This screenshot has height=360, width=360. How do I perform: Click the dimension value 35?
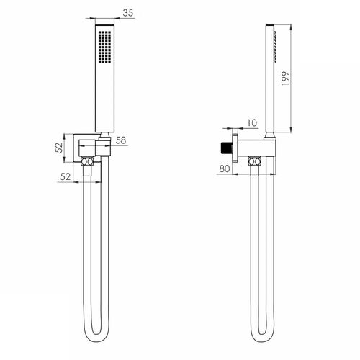128,13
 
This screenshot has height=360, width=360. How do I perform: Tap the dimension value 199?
285,78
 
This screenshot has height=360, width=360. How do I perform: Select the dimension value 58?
121,140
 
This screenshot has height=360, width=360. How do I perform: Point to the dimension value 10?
252,123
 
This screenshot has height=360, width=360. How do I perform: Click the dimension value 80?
225,168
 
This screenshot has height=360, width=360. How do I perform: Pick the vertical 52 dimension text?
59,148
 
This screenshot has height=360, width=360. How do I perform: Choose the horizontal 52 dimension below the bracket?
66,177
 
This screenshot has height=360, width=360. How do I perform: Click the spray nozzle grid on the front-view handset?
105,47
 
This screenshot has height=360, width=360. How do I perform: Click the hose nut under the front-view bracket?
87,161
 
